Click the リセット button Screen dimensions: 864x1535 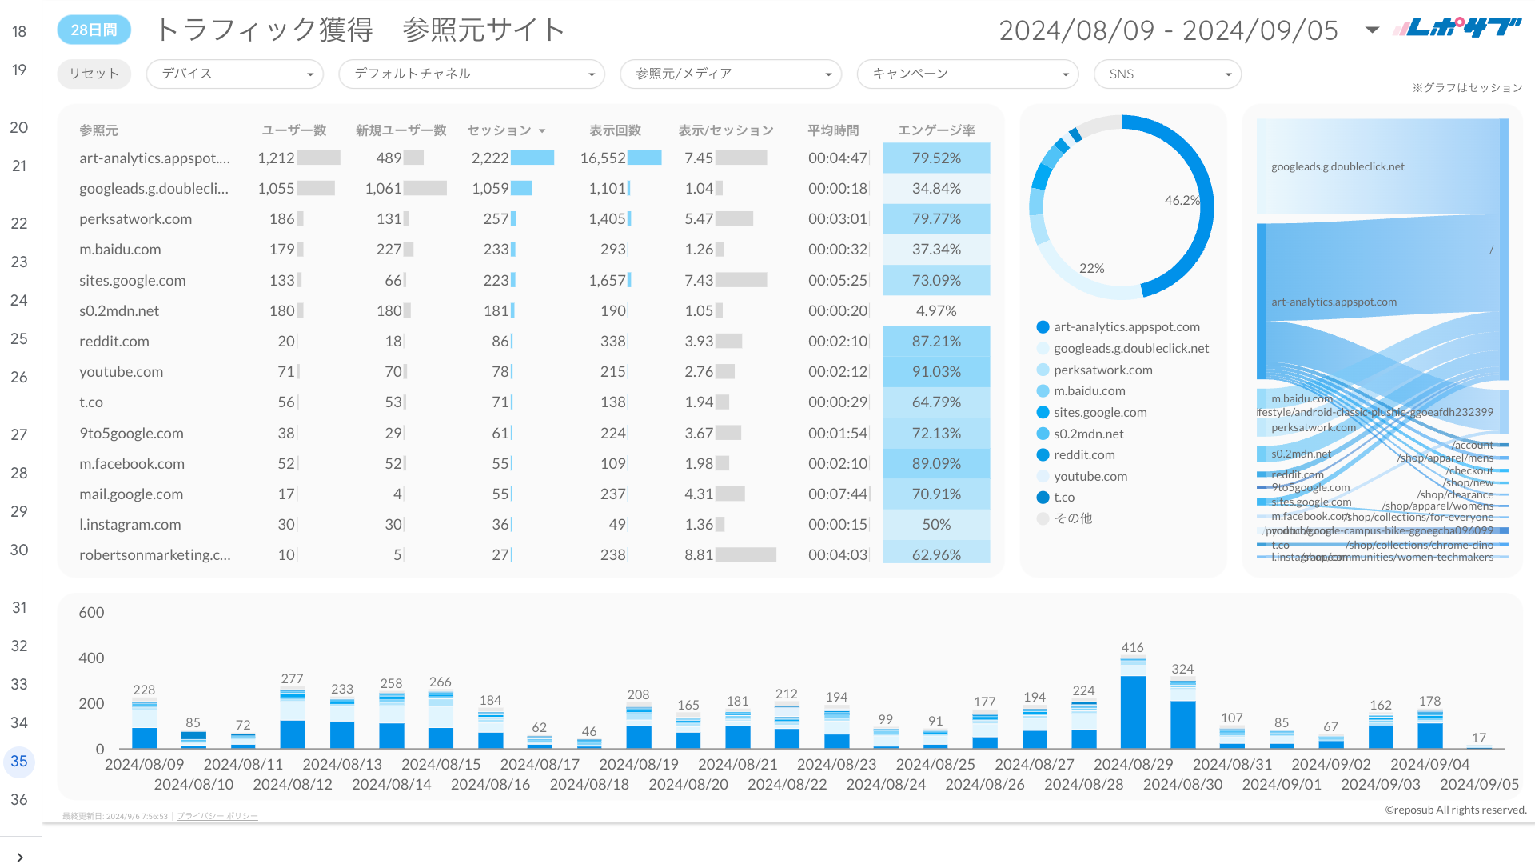[94, 74]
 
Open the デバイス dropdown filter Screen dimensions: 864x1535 [234, 74]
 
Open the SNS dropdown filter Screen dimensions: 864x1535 [1167, 74]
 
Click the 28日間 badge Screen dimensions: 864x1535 [94, 30]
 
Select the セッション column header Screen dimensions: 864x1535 [500, 130]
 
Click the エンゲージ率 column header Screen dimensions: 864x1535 [935, 130]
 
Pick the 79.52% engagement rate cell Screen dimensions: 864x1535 [936, 158]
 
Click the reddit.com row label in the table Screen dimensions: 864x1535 [114, 342]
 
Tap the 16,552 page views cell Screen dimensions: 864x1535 [603, 158]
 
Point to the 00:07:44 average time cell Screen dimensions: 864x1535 [837, 494]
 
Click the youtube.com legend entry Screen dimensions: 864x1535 [1090, 476]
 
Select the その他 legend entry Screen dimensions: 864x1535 [1072, 518]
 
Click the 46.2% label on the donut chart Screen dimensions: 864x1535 [1182, 200]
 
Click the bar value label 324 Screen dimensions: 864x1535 [1182, 669]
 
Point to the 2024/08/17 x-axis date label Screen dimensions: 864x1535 [540, 765]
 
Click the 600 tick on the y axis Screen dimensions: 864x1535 [91, 613]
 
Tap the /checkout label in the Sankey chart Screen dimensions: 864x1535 [1469, 470]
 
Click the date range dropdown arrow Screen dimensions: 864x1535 [1372, 30]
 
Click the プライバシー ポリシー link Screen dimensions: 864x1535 [217, 816]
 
